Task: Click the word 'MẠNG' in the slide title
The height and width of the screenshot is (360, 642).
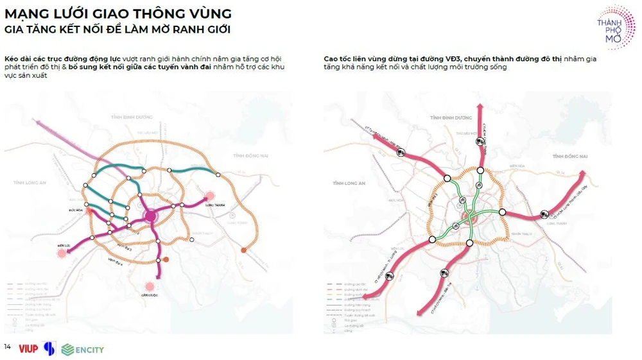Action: [x=25, y=13]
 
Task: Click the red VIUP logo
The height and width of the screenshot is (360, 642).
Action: [x=28, y=349]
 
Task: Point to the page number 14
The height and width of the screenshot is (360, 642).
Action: [x=8, y=347]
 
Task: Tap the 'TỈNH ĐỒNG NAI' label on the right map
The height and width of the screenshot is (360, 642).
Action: [x=570, y=156]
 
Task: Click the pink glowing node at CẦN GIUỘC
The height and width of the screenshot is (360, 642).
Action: [x=150, y=286]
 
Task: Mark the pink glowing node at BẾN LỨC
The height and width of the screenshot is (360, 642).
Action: [x=62, y=253]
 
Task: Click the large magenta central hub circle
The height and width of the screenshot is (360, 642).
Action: [x=151, y=216]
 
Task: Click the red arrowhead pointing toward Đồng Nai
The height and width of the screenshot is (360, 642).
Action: [x=582, y=172]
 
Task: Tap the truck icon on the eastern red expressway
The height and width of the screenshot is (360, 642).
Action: [x=544, y=215]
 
